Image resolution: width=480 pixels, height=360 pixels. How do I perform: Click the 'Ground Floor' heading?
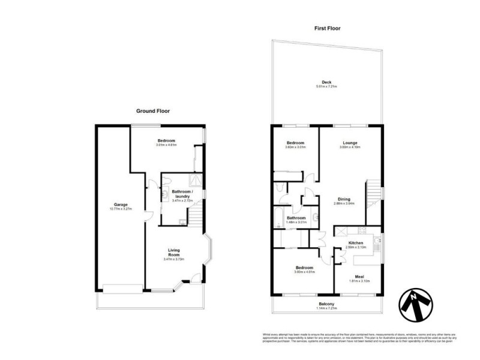tap(153, 111)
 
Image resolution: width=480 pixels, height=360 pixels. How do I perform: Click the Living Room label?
tap(173, 252)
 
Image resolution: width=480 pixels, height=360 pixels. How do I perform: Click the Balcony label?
tap(327, 304)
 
